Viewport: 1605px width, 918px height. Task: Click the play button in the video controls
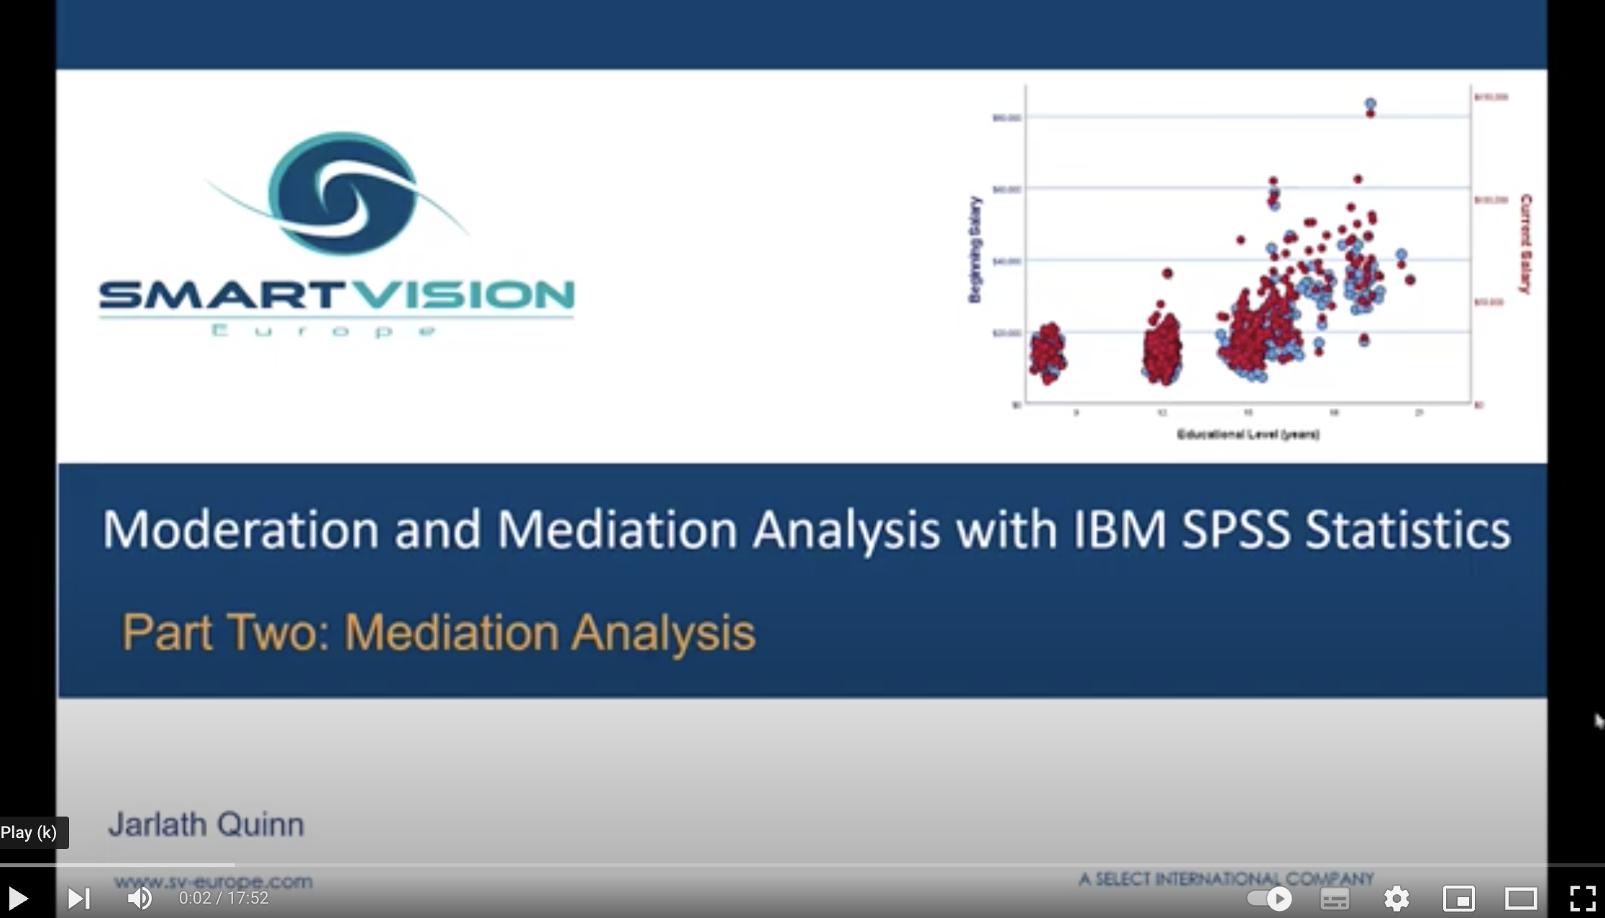[17, 898]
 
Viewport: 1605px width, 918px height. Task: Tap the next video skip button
[78, 898]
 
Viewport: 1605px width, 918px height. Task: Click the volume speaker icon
[140, 898]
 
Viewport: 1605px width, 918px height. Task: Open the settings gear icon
[1396, 899]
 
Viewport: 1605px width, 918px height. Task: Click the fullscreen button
[1582, 899]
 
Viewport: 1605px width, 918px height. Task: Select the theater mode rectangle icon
[1521, 899]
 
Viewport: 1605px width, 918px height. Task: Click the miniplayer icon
[1459, 899]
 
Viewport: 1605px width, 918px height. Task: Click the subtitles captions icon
[1335, 899]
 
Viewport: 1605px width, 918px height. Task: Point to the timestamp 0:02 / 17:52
[224, 898]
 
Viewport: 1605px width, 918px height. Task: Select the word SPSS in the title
[1235, 530]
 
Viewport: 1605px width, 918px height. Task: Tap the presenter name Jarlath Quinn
[206, 824]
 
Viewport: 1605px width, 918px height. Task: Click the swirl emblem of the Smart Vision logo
[342, 193]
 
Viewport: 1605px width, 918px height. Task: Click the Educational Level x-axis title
[1248, 435]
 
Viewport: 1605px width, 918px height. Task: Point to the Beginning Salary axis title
[974, 250]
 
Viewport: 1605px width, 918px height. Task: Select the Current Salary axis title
[1525, 244]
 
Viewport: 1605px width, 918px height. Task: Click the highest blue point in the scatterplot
[1371, 104]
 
